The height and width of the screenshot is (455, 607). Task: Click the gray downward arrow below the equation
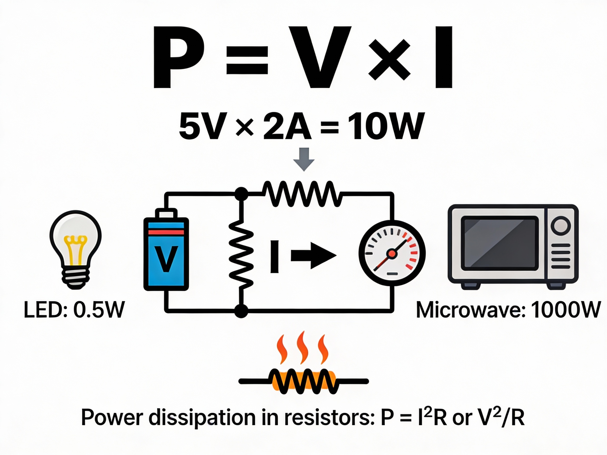tap(304, 159)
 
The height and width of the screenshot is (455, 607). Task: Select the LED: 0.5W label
tap(74, 310)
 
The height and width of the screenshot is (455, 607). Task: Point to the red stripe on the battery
tap(166, 232)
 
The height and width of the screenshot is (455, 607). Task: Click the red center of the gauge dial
tap(392, 253)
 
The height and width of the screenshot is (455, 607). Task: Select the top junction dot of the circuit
tap(242, 194)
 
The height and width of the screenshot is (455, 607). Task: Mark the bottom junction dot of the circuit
tap(242, 311)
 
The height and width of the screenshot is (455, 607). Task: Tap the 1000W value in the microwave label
tap(565, 310)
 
